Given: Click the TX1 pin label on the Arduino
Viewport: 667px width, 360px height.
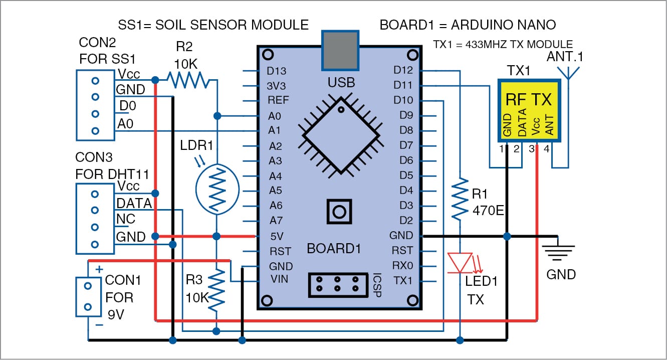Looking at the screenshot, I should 403,280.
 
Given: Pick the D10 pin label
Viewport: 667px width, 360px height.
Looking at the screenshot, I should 403,101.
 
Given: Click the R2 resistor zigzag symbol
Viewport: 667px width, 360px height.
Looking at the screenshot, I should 187,79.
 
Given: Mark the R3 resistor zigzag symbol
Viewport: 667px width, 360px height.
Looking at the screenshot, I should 217,289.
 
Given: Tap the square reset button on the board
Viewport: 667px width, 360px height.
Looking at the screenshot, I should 339,212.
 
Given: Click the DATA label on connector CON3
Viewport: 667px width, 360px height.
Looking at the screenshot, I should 134,204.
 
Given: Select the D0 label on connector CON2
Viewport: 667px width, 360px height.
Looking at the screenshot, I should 127,106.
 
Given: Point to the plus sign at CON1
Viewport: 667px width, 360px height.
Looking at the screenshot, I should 99,270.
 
